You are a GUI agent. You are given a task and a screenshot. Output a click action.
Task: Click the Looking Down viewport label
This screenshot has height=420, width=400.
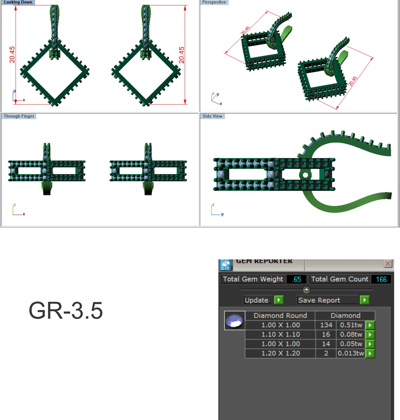coord(18,2)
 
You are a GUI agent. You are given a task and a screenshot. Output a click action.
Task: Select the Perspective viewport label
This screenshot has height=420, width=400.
coord(214,2)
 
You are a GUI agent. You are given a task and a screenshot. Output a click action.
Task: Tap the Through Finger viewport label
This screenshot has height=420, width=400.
coord(19,116)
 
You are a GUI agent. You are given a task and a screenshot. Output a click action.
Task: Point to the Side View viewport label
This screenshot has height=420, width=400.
coord(212,116)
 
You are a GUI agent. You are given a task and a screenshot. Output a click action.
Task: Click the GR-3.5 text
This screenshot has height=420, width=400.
coord(66,311)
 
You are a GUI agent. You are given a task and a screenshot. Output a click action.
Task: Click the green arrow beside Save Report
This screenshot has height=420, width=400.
coord(365,300)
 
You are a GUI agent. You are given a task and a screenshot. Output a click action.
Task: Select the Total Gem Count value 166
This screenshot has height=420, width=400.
coord(381,279)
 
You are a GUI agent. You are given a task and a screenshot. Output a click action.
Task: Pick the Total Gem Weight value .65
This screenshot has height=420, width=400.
coord(296,279)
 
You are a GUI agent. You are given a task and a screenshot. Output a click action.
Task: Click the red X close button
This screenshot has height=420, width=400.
coord(388,263)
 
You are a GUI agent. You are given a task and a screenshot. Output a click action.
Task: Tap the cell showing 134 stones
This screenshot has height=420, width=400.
coord(326,325)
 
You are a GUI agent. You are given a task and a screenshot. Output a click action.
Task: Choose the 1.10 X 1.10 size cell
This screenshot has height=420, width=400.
coord(280,334)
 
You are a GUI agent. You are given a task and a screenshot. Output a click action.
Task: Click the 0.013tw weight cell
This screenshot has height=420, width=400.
coord(351,353)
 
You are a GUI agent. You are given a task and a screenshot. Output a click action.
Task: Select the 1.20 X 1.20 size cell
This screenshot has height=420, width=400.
coord(280,353)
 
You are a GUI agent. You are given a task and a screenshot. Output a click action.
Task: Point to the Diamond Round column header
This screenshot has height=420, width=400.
coord(280,316)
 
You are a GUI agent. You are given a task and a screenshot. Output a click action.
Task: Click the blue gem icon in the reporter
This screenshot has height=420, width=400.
coord(234,321)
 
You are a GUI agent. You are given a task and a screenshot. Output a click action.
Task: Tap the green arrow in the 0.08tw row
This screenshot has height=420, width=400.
coord(370,334)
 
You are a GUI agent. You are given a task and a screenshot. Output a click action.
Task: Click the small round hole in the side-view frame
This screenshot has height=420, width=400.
coord(305,175)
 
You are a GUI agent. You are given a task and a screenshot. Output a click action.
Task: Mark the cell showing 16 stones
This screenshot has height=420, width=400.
coord(326,334)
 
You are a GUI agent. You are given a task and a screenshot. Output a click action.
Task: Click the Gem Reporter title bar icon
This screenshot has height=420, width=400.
coord(225,265)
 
